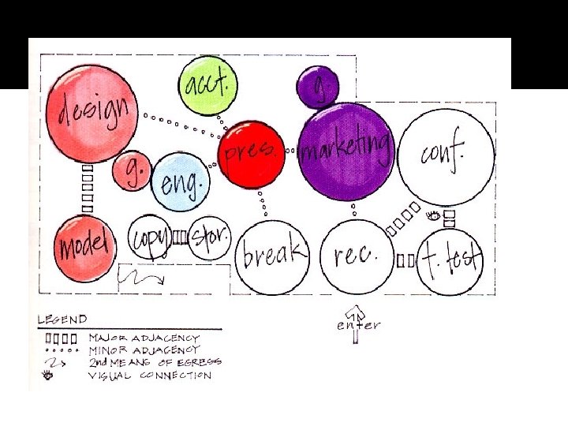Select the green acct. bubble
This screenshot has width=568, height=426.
pyautogui.click(x=207, y=84)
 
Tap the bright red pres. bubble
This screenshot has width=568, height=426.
pyautogui.click(x=252, y=154)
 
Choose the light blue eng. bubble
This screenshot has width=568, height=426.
pyautogui.click(x=181, y=182)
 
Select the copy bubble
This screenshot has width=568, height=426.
pyautogui.click(x=150, y=237)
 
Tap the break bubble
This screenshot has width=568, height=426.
pyautogui.click(x=272, y=254)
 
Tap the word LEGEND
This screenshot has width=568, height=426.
pyautogui.click(x=62, y=320)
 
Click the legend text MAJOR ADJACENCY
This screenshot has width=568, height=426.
pyautogui.click(x=150, y=337)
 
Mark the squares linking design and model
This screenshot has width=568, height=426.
pyautogui.click(x=88, y=189)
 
